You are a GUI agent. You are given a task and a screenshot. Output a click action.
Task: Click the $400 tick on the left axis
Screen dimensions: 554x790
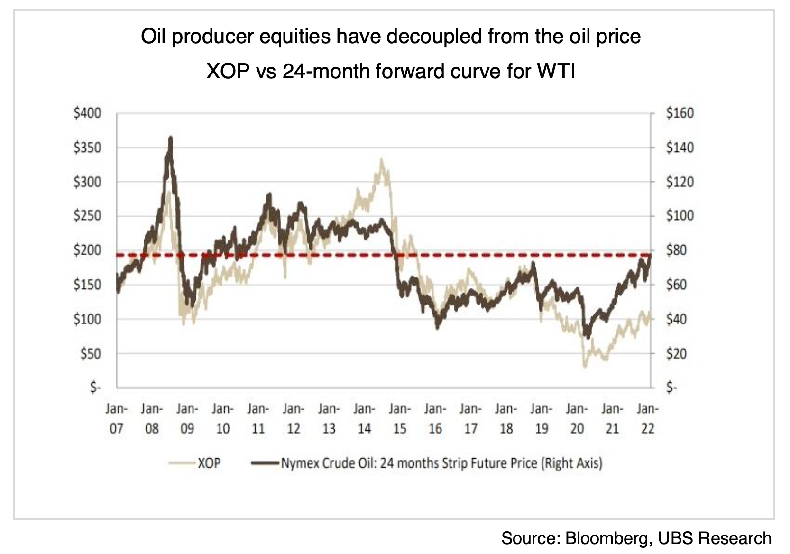pos(87,113)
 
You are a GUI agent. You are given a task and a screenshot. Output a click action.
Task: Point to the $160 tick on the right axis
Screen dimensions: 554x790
pos(680,113)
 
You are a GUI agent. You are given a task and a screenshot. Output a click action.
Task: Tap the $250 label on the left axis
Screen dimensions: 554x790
pos(87,216)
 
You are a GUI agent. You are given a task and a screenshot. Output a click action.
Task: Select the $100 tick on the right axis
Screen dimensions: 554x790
pos(680,216)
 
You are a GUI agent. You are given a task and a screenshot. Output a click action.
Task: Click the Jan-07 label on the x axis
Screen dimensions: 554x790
pos(116,418)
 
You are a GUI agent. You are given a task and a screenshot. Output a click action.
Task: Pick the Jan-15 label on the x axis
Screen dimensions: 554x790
pos(399,418)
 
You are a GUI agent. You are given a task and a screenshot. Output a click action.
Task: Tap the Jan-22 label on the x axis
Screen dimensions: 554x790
pos(647,418)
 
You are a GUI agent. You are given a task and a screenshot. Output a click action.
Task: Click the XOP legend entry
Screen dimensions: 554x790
pos(209,462)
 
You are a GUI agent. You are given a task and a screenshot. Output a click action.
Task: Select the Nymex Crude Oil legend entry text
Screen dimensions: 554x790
pos(441,462)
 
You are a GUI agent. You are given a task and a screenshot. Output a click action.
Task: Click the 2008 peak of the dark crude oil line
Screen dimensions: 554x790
pos(171,138)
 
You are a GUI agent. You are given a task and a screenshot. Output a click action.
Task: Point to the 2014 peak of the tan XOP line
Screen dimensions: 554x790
pos(381,160)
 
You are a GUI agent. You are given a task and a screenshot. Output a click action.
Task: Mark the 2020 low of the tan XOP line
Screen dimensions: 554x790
pos(585,366)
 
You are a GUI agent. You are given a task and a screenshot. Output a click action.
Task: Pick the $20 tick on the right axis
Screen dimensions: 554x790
pos(676,354)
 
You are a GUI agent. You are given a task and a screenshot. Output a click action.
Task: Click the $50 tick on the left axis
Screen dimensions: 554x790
pos(90,354)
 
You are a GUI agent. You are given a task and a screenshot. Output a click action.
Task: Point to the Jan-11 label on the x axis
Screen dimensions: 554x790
pos(258,418)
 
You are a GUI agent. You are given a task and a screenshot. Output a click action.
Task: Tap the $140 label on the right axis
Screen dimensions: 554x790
pos(680,148)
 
